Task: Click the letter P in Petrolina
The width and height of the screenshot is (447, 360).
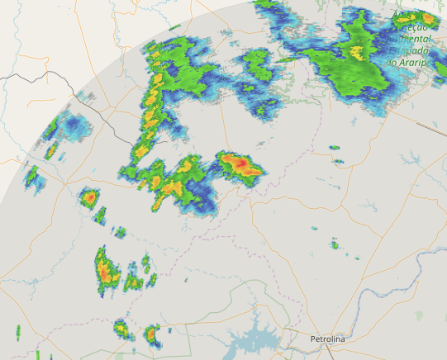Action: pyautogui.click(x=313, y=339)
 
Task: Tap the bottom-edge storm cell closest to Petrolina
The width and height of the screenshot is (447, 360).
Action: pyautogui.click(x=151, y=334)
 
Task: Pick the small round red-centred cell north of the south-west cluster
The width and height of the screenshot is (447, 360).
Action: pyautogui.click(x=89, y=197)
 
